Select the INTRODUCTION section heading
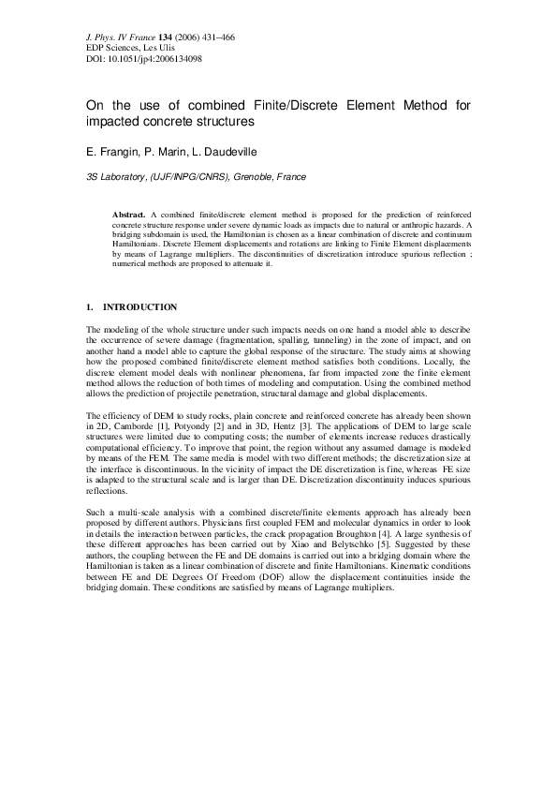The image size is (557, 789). pyautogui.click(x=139, y=307)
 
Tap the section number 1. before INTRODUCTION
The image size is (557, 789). pyautogui.click(x=89, y=307)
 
